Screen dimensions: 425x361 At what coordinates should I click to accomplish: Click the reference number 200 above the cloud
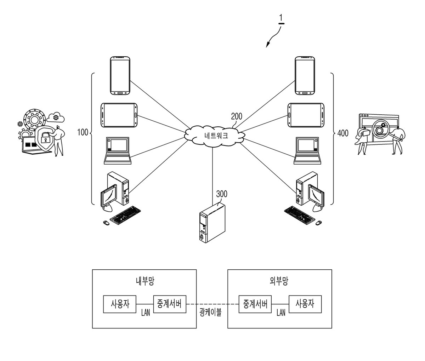pos(237,116)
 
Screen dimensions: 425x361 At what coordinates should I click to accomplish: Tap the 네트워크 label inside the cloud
pos(216,136)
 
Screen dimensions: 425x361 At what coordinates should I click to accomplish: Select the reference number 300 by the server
pos(222,194)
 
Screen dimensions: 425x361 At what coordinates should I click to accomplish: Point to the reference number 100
pos(83,132)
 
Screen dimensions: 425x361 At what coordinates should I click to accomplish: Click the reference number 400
pos(343,133)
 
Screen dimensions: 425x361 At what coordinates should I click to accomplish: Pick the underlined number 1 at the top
pos(281,19)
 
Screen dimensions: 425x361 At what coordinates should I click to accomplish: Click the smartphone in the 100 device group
pos(120,76)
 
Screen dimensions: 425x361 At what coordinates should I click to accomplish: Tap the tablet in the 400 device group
pos(306,115)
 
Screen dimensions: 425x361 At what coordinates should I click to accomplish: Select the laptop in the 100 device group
pos(118,151)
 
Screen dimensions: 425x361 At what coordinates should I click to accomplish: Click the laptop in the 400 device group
pos(307,151)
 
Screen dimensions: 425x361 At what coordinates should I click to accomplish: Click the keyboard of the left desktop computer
pos(125,215)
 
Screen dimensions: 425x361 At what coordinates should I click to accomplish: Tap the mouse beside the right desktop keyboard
pos(318,223)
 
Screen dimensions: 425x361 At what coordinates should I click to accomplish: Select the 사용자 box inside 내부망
pos(120,304)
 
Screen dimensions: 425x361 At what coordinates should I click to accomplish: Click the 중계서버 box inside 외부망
pos(255,304)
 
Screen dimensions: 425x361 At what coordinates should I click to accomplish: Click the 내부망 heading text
pos(145,281)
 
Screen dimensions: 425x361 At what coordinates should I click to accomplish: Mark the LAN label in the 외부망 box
pos(281,313)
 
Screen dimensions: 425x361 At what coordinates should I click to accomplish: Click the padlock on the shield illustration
pos(45,138)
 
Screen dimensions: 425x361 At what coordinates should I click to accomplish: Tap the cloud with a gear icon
pos(56,117)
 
